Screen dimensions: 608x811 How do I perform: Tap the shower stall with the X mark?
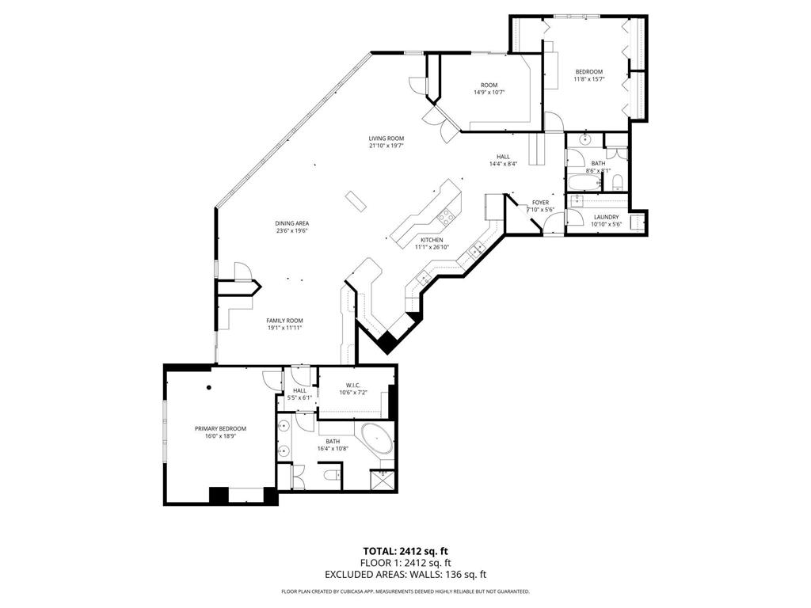point(383,480)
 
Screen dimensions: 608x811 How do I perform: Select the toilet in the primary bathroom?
point(333,475)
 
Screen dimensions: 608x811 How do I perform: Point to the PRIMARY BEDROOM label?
point(220,428)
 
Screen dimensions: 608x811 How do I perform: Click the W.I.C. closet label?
point(353,386)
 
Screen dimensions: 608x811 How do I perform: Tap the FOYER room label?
point(540,203)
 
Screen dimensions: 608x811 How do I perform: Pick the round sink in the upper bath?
point(585,140)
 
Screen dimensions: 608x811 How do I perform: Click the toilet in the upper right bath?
point(618,184)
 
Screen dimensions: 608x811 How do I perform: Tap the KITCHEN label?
point(431,240)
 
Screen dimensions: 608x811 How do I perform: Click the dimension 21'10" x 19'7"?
point(386,146)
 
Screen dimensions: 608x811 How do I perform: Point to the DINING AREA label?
point(291,223)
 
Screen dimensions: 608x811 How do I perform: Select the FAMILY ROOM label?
point(284,320)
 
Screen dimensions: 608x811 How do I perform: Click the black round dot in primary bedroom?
point(209,387)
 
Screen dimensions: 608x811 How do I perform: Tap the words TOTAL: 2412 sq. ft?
point(405,551)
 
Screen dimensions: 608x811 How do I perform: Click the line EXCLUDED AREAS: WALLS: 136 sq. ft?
point(405,575)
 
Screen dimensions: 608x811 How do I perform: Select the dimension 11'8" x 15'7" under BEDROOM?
point(588,79)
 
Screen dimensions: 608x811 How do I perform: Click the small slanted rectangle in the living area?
point(356,201)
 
